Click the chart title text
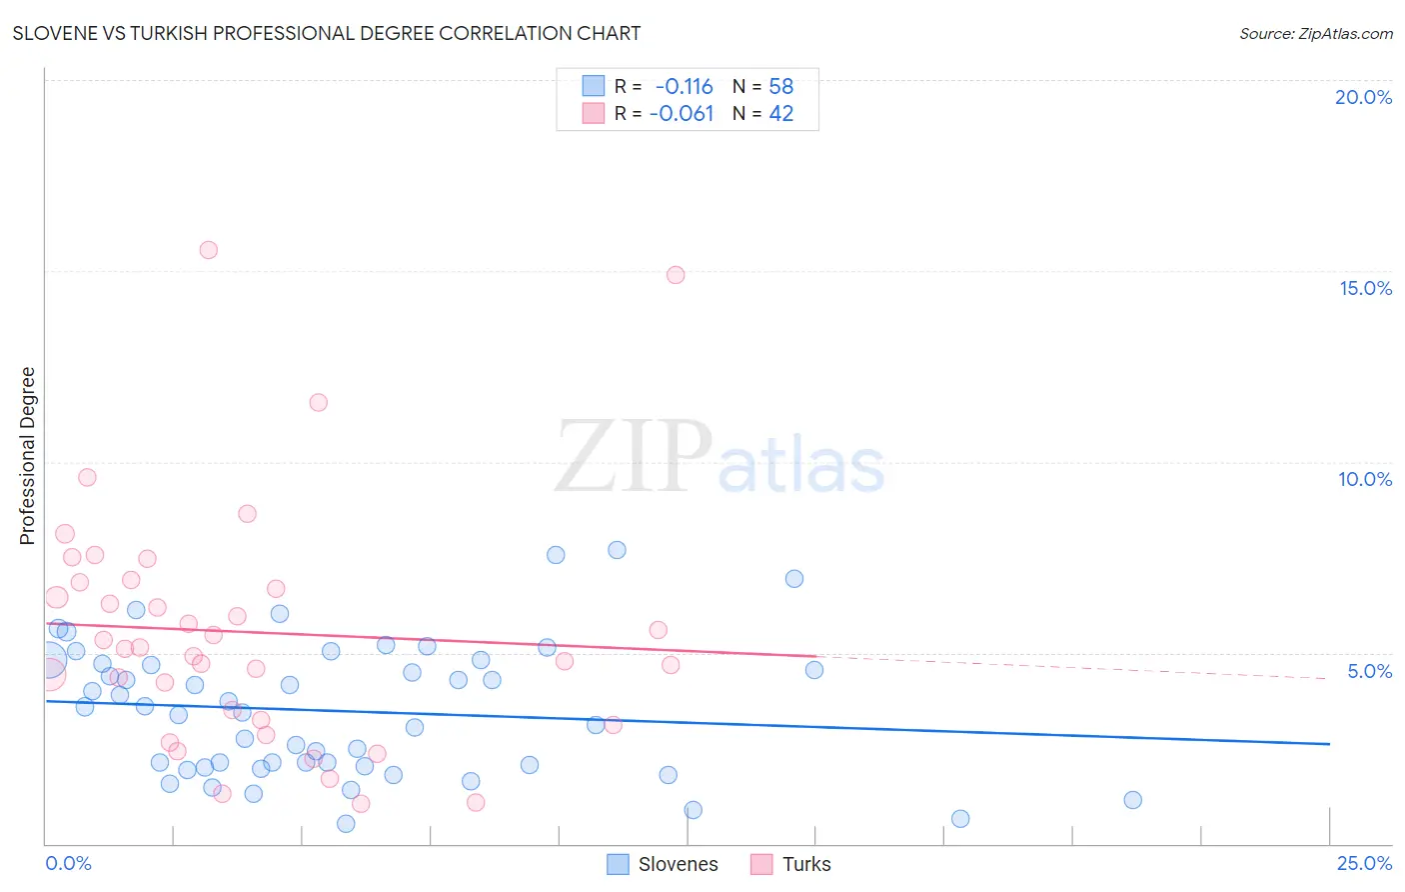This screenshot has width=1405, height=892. coord(327,33)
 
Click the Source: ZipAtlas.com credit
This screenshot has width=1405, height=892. coord(1315,33)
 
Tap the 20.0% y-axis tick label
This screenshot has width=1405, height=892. coord(1363,97)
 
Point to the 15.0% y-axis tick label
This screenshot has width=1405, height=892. coord(1365,288)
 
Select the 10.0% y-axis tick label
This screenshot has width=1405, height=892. coord(1365,479)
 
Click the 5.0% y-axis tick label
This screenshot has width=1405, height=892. coord(1369,671)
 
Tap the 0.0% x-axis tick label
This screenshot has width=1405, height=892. coord(68,863)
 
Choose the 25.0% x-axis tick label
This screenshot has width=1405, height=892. coord(1364,863)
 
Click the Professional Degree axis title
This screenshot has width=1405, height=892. coord(27,456)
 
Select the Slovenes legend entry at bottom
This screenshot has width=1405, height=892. coord(664,864)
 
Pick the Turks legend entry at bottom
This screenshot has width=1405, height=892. coord(791,864)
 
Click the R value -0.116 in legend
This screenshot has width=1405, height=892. coord(685,87)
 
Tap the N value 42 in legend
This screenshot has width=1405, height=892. coord(781,114)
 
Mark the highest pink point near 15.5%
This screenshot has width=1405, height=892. coord(208,250)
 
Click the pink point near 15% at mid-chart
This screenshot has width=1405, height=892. coord(676,275)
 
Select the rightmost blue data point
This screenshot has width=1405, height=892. coord(1132,800)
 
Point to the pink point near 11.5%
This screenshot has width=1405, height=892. coord(318,403)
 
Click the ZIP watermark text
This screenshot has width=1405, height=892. coord(634,458)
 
